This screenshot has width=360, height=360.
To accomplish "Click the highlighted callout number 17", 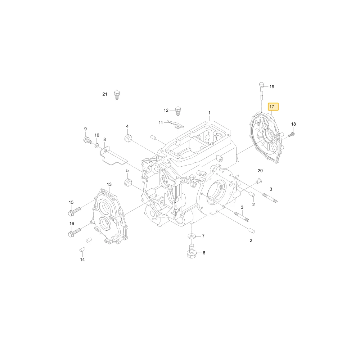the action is pos(273,107).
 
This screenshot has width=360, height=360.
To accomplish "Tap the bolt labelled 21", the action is pos(117,95).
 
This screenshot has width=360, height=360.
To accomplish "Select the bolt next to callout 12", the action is pos(178,111).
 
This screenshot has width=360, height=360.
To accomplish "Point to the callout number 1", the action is pos(209,113).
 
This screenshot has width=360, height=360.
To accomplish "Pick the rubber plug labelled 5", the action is pos(128,182).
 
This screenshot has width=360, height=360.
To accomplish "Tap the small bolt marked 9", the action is pos(88,140).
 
